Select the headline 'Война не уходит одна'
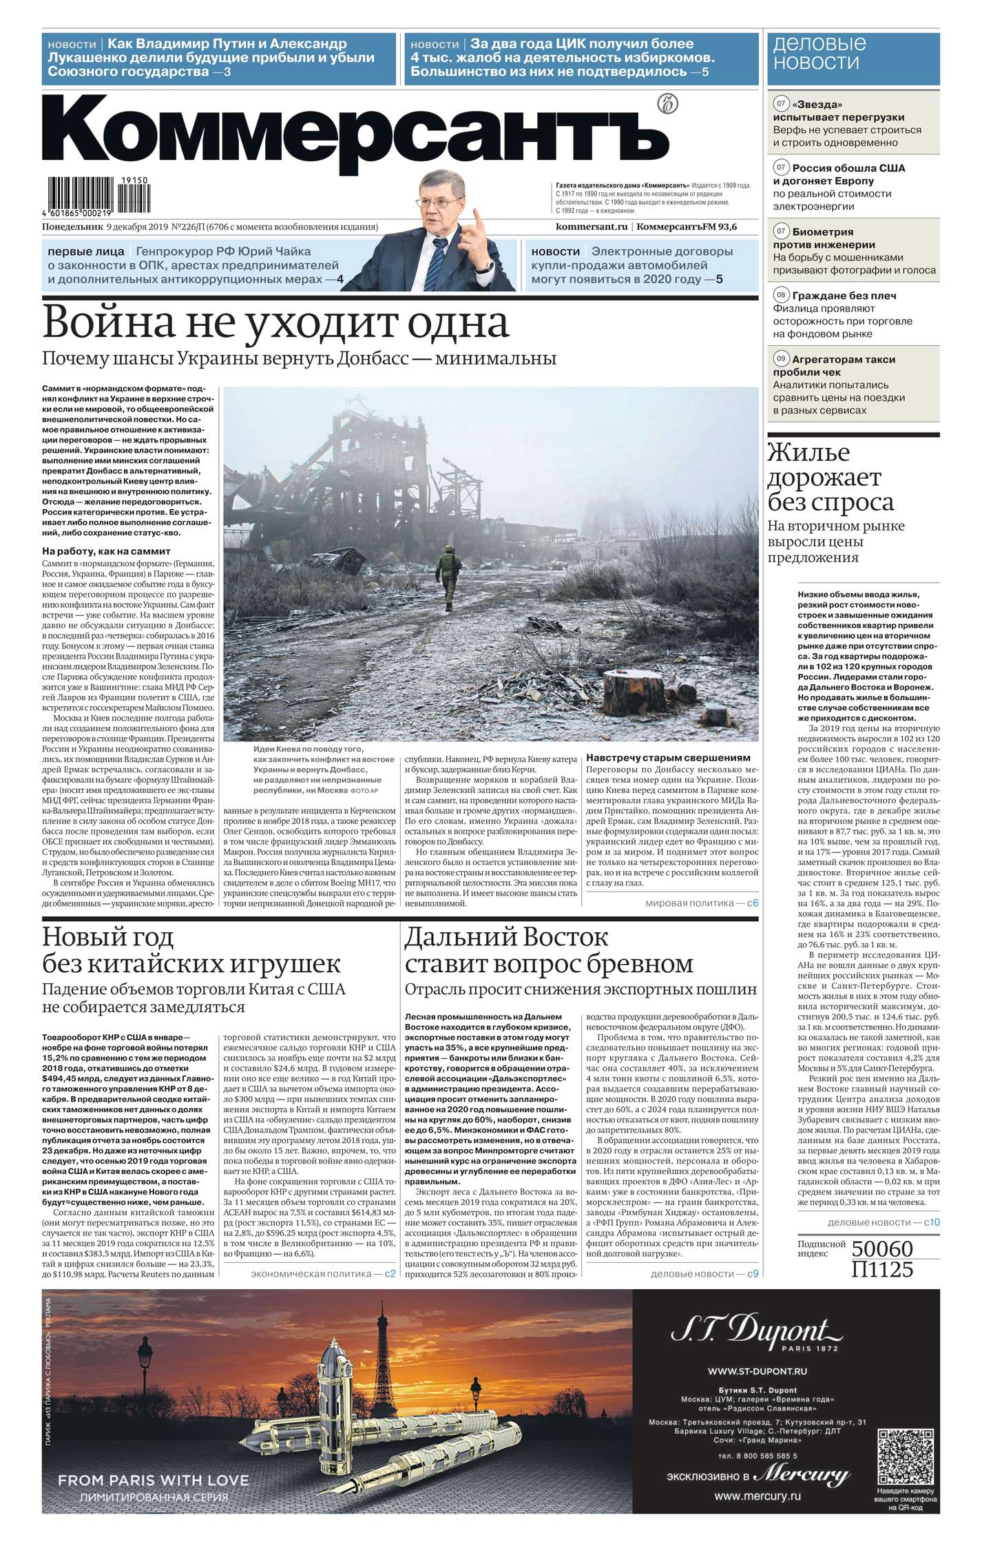[275, 323]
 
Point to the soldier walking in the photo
[445, 577]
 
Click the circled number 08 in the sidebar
[781, 296]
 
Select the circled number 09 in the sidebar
[781, 359]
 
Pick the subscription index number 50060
[882, 1249]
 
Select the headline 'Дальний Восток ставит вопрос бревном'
[549, 950]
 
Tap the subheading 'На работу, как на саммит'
[106, 551]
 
